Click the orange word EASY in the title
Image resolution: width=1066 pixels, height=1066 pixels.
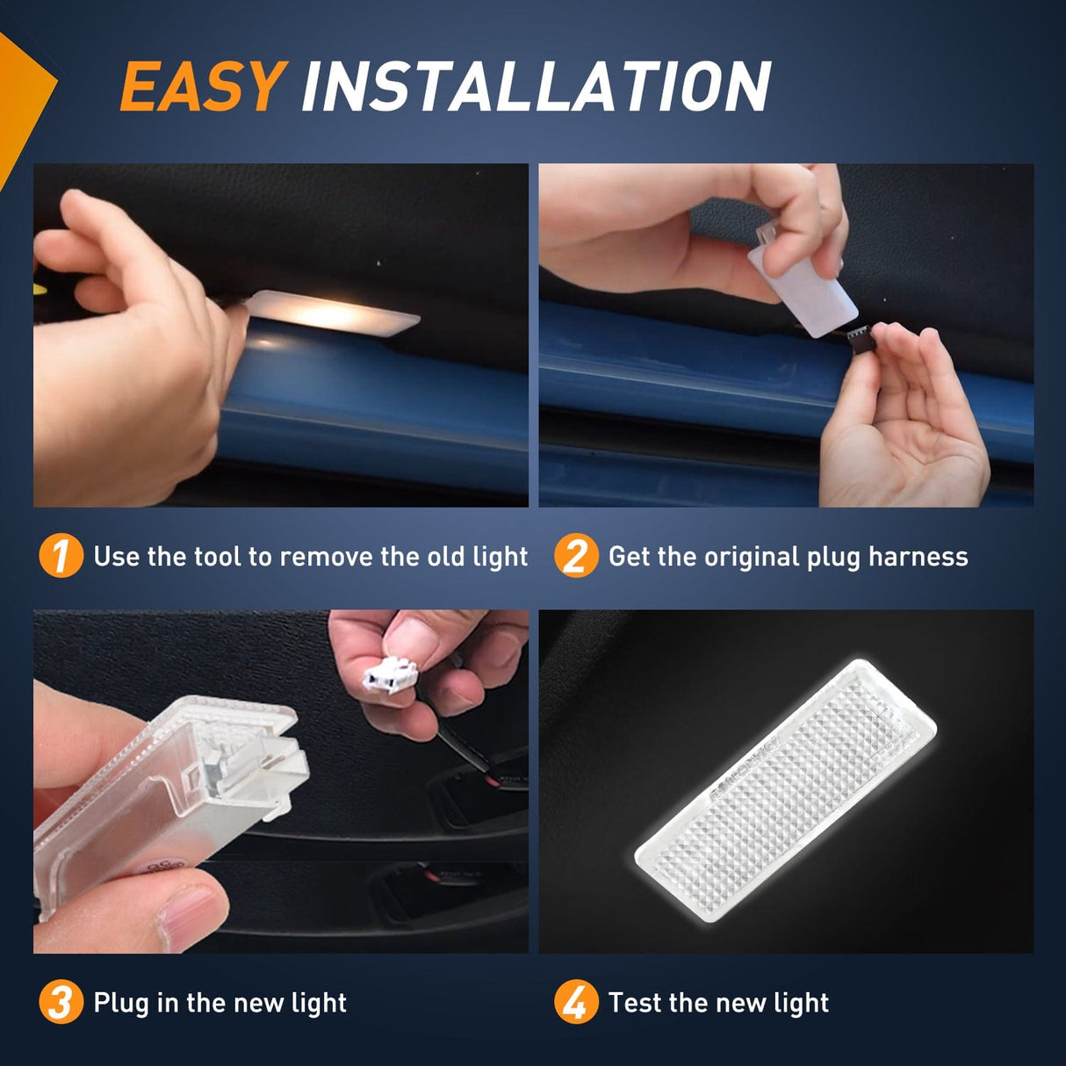[201, 87]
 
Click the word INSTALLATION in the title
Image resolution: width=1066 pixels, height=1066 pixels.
[536, 87]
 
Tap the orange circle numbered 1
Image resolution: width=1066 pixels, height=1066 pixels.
[61, 556]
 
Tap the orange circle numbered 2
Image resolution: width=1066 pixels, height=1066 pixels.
[575, 556]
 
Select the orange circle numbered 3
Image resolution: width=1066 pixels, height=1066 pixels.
[61, 1002]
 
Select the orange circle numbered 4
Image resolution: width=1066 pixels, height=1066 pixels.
[575, 1002]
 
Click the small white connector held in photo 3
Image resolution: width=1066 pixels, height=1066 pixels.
[391, 675]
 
